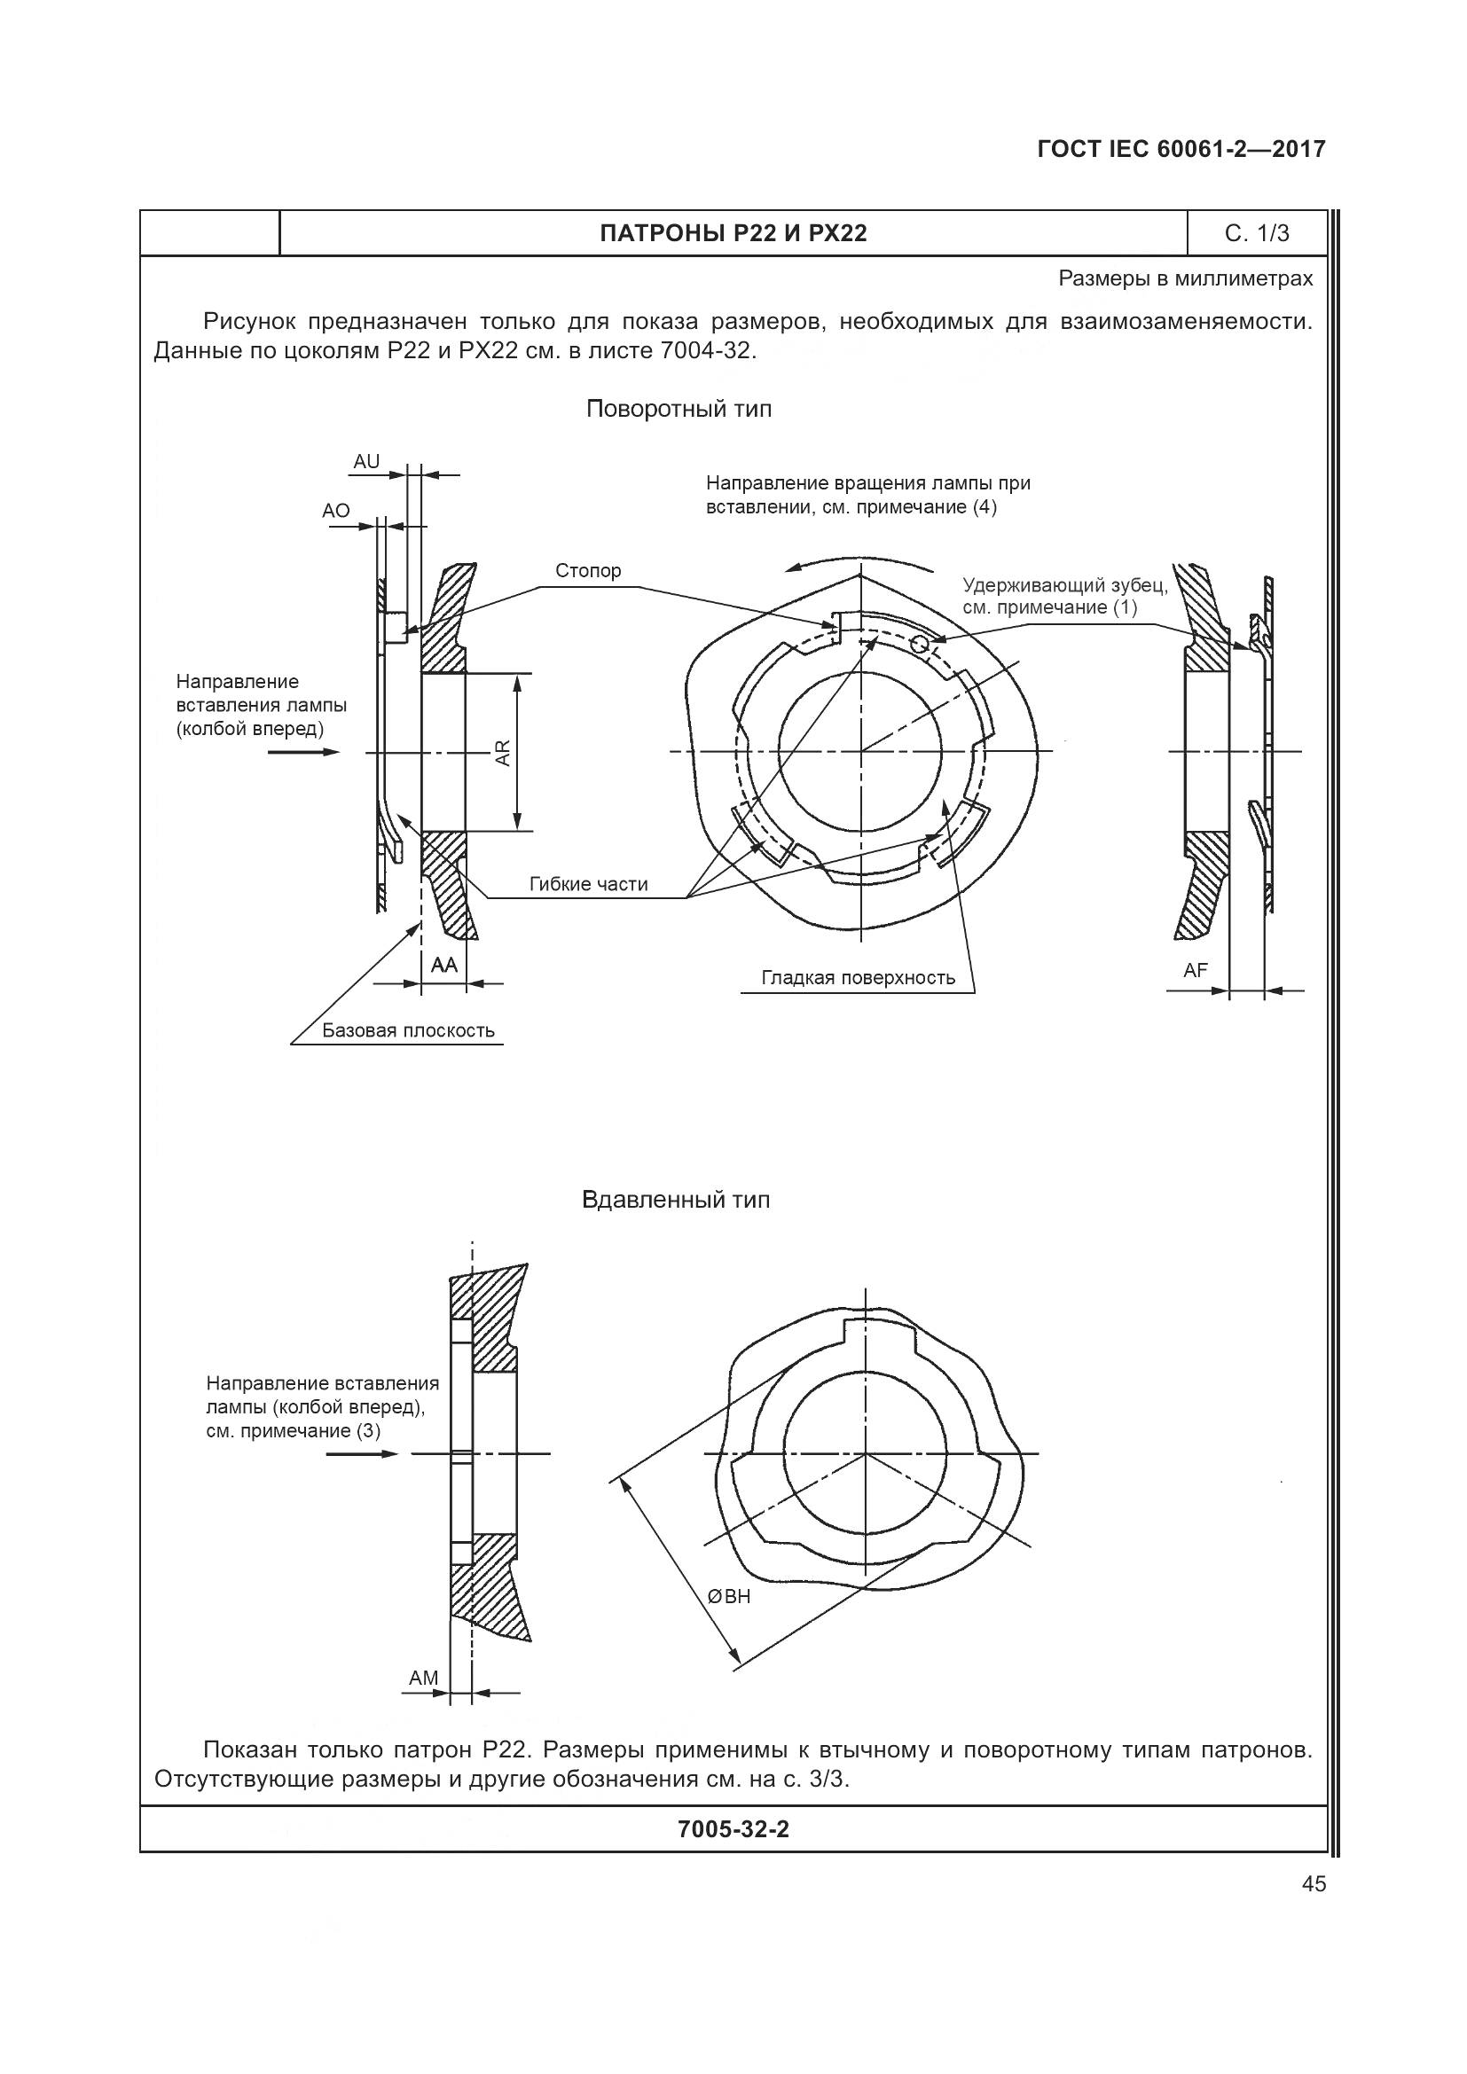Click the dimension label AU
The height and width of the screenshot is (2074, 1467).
pos(365,462)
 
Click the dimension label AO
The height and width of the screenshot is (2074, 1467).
pos(336,511)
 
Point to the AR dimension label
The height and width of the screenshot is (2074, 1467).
pos(503,753)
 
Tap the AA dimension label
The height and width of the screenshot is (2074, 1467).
pos(443,965)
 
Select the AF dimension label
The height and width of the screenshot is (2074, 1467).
pos(1195,970)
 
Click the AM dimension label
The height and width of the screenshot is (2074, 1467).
pos(423,1678)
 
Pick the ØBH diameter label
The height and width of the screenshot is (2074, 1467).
pos(730,1596)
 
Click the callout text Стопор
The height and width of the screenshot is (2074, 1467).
pos(588,570)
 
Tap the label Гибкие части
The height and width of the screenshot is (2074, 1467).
pos(588,883)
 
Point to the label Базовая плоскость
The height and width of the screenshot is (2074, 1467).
pos(408,1029)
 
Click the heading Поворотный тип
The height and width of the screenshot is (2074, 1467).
pos(679,409)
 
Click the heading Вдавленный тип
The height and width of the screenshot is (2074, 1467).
pos(676,1200)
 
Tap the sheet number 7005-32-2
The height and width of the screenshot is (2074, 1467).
pos(733,1829)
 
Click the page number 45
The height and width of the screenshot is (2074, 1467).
pos(1314,1883)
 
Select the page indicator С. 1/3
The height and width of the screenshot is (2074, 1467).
pos(1257,233)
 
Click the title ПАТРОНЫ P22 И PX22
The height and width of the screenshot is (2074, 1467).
pos(733,233)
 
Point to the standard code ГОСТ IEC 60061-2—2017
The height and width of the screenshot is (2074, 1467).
pos(1181,149)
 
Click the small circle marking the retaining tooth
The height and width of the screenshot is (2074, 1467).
pos(920,642)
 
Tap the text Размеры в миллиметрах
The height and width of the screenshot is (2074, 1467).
pos(1185,278)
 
